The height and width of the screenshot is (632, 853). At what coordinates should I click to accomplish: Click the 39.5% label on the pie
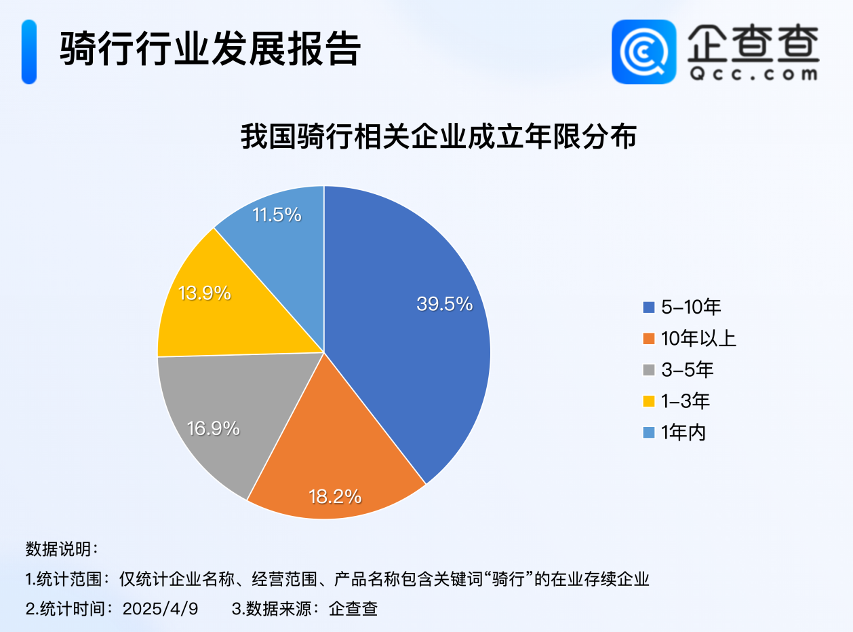tap(444, 304)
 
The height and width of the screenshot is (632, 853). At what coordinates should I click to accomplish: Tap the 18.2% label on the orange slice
tap(335, 496)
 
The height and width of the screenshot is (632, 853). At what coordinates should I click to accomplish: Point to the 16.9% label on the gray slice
tap(213, 428)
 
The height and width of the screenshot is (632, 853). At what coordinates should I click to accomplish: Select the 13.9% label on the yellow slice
tap(204, 293)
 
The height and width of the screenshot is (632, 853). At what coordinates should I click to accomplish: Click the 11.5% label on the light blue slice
tap(276, 215)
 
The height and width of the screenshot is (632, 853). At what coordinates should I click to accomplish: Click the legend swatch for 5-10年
tap(648, 308)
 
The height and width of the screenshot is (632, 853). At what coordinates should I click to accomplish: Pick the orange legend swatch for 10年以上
tap(648, 339)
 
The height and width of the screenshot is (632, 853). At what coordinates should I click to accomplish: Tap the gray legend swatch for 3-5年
tap(648, 370)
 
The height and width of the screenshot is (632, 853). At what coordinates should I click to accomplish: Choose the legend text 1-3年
tap(685, 401)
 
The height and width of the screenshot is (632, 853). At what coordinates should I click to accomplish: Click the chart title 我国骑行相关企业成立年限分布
tap(439, 136)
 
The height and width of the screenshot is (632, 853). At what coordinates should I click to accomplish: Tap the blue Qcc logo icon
tap(643, 52)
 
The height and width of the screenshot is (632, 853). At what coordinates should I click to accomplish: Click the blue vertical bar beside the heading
tap(28, 52)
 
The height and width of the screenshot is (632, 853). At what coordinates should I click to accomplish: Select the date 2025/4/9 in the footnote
tap(160, 608)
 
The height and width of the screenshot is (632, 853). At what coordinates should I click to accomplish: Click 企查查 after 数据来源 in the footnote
tap(353, 608)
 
